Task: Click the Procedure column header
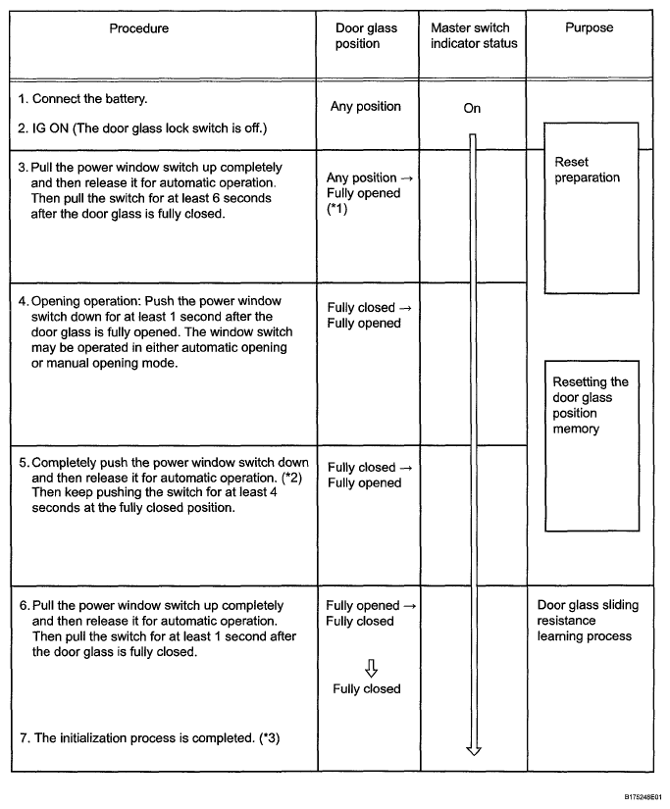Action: click(138, 28)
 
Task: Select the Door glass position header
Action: click(366, 36)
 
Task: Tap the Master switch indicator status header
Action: click(473, 36)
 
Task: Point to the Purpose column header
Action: click(589, 28)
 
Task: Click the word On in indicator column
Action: click(472, 109)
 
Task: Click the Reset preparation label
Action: click(587, 170)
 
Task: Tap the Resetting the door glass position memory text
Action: click(590, 405)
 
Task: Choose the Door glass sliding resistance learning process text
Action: click(588, 621)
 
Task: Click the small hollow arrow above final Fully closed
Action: click(371, 668)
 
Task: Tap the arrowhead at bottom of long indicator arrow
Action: click(474, 751)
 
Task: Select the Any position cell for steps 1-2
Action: click(365, 107)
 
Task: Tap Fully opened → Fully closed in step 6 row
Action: click(370, 613)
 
